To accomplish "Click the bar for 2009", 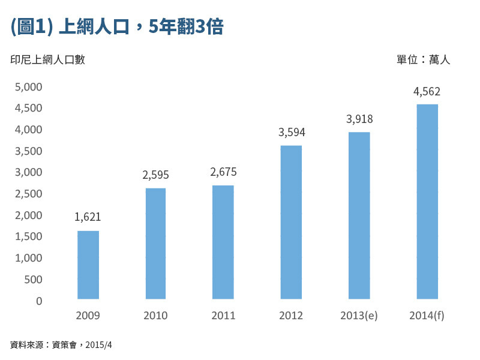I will [88, 265].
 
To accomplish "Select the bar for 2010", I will [155, 243].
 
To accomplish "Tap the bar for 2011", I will [223, 242].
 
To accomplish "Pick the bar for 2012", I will [291, 222].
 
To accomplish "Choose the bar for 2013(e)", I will [359, 215].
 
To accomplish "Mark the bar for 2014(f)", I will [427, 201].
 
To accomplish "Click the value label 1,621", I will [88, 217].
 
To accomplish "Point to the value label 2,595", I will [155, 175].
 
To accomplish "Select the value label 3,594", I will [292, 132].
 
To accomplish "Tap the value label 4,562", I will [427, 92].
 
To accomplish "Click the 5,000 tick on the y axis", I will [28, 87].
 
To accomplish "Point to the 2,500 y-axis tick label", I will [28, 194].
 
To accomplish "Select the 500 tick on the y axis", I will [32, 280].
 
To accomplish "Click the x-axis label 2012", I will [291, 316].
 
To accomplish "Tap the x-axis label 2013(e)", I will [359, 316].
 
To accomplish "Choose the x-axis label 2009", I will [88, 316].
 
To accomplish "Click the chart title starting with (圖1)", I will [117, 27].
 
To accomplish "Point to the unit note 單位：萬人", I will [423, 60].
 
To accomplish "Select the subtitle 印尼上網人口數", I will [47, 60].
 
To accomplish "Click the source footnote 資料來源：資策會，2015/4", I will [61, 345].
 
